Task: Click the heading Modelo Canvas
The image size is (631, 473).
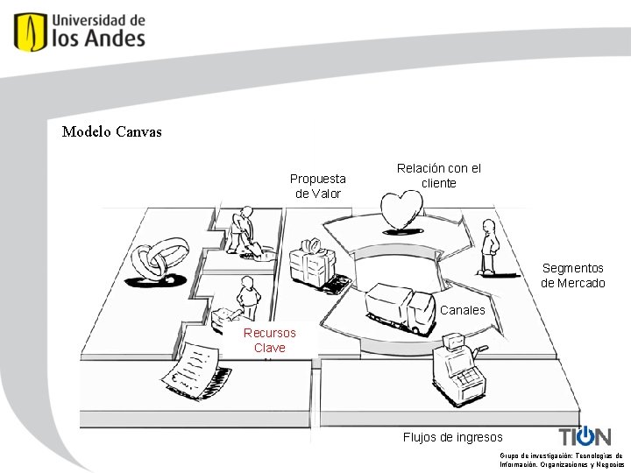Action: [112, 132]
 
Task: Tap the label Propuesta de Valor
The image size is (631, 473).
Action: [318, 186]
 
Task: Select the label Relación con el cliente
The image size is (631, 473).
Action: [439, 175]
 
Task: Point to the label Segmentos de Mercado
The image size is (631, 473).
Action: [573, 275]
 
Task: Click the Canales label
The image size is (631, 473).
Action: [463, 310]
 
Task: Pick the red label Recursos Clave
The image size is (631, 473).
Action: [270, 340]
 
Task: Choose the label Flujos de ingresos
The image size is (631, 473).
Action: [452, 437]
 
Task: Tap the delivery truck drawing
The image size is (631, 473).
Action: [400, 308]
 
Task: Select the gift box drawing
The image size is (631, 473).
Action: [313, 264]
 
